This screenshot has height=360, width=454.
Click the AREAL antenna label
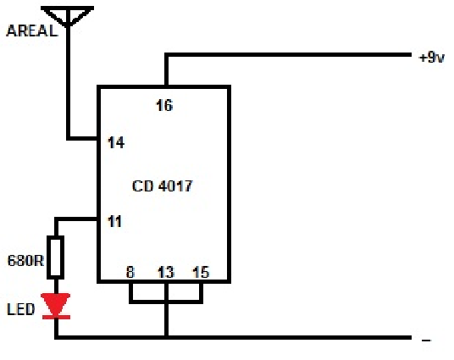32,30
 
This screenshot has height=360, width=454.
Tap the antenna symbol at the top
68,16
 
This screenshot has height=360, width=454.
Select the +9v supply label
431,58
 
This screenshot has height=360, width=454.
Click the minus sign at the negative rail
426,341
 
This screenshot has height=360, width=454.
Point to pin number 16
164,105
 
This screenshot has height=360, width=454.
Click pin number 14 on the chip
116,143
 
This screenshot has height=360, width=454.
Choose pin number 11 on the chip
114,222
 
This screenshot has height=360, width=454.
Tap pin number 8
130,272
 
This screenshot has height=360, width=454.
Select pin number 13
166,272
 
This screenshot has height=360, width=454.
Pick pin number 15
201,272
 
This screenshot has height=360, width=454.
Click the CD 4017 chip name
162,186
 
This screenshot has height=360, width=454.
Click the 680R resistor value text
25,261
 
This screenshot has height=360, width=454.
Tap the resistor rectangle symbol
56,258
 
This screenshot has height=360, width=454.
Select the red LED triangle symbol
56,304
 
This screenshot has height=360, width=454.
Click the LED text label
21,309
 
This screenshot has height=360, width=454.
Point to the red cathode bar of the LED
56,317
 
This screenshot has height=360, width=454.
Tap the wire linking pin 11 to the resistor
76,219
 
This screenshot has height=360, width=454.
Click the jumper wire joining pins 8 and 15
166,302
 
